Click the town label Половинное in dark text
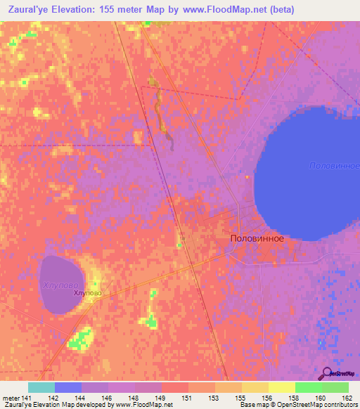pyautogui.click(x=257, y=238)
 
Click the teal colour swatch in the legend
pyautogui.click(x=41, y=387)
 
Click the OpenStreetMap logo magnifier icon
pyautogui.click(x=326, y=372)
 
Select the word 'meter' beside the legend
pyautogui.click(x=11, y=398)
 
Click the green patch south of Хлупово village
pyautogui.click(x=80, y=340)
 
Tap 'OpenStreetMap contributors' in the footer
pyautogui.click(x=316, y=405)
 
